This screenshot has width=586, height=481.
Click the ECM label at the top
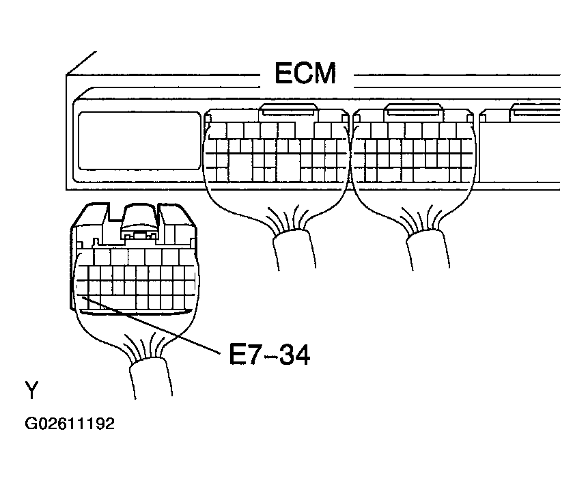click(305, 73)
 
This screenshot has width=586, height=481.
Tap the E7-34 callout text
click(270, 355)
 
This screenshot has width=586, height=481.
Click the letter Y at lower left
click(32, 390)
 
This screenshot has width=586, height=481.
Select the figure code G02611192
click(70, 424)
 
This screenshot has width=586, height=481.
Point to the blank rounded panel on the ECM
click(139, 141)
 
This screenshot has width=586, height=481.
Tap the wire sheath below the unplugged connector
click(151, 377)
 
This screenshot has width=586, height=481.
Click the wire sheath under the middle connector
click(294, 249)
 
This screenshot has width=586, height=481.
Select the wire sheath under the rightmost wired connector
click(428, 249)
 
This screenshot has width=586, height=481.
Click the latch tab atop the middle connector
click(288, 110)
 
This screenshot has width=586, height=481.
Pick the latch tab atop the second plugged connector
click(414, 110)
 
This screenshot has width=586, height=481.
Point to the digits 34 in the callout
click(295, 355)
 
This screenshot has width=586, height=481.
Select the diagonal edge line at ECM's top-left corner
click(81, 63)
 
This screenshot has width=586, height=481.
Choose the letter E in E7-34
click(236, 355)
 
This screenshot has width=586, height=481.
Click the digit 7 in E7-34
click(253, 355)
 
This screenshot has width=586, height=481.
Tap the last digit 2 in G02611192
click(110, 424)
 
